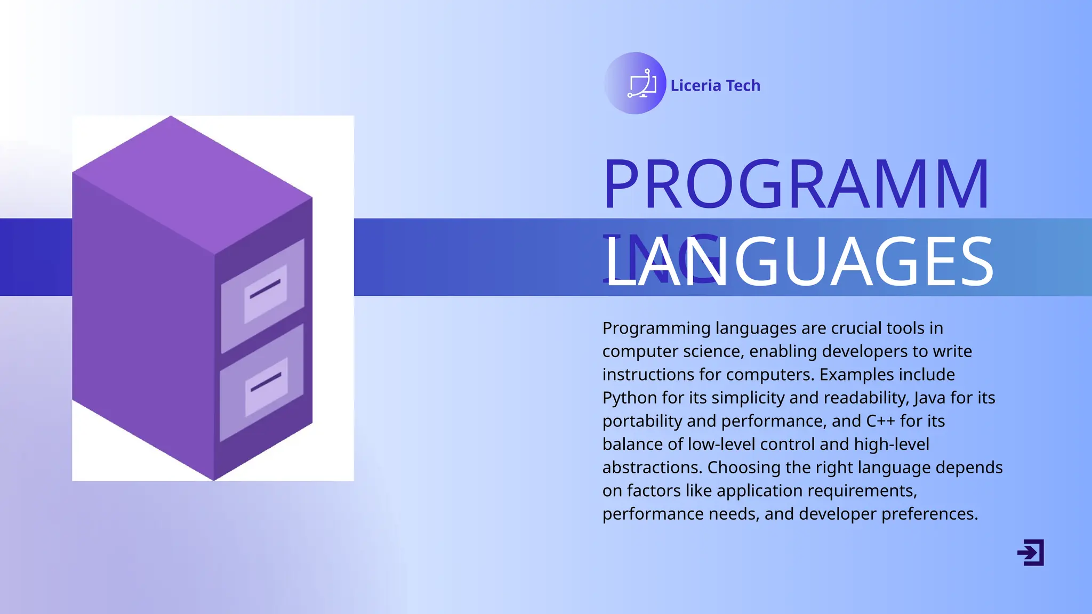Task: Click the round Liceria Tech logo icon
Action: pyautogui.click(x=635, y=83)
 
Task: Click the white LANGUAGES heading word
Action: pyautogui.click(x=799, y=262)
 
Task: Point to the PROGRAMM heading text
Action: pyautogui.click(x=796, y=184)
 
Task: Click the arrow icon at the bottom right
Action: pyautogui.click(x=1031, y=552)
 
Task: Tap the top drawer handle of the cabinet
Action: pyautogui.click(x=265, y=288)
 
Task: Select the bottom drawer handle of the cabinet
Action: pyautogui.click(x=266, y=382)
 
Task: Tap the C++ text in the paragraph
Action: pyautogui.click(x=880, y=421)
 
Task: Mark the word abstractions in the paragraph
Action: pyautogui.click(x=652, y=467)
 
